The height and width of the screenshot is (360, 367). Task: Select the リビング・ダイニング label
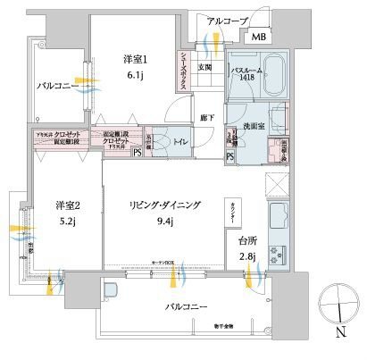[165, 206]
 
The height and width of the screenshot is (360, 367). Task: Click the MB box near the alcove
[257, 37]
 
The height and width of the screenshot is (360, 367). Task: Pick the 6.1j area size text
[135, 75]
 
